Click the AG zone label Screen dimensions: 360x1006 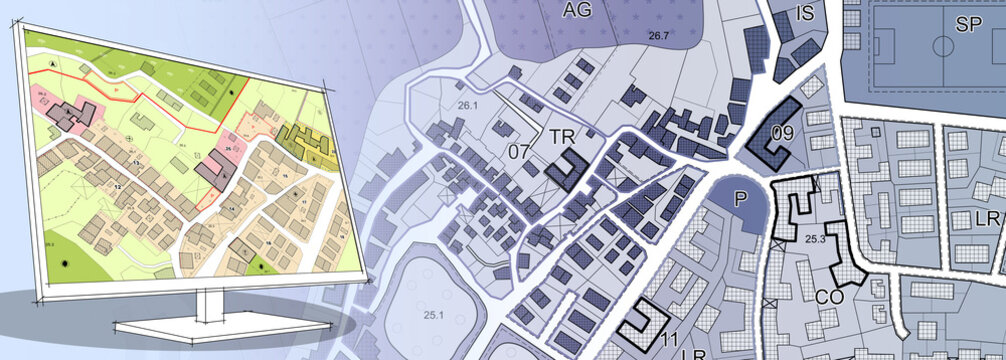tap(577, 11)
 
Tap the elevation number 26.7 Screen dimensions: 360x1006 tap(657, 37)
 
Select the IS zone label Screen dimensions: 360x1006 tap(806, 13)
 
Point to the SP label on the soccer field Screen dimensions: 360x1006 tap(967, 26)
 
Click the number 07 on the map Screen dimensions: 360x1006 tap(519, 152)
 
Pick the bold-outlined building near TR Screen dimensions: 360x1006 tap(570, 171)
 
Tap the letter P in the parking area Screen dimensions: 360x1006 tap(741, 199)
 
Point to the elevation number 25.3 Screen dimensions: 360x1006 tap(813, 239)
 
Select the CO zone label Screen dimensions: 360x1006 tap(827, 296)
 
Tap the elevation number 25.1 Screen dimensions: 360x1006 tap(433, 315)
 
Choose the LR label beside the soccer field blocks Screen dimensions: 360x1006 tap(987, 218)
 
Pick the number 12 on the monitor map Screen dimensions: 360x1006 tap(117, 187)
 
